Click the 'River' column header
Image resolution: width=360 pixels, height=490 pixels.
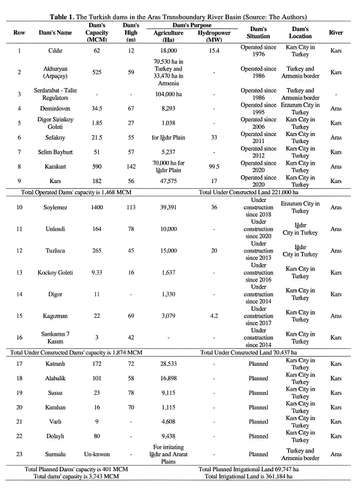coord(336,33)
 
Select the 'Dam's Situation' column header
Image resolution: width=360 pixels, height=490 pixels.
coord(258,32)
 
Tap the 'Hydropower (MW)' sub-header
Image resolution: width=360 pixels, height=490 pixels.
coord(214,36)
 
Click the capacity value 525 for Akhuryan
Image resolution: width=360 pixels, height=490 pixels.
coord(97,72)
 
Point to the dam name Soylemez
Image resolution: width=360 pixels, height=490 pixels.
coord(55,207)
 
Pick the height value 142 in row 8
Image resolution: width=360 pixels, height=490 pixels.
coord(131,166)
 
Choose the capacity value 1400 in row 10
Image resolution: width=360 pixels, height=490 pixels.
coord(97,207)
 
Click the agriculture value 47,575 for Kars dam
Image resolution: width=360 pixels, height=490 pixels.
coord(168,181)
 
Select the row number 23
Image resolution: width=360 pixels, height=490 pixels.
coord(19,454)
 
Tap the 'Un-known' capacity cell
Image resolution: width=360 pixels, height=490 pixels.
coord(97,454)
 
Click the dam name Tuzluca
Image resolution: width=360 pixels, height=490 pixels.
coord(55,251)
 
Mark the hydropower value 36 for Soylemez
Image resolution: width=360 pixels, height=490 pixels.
coord(214,207)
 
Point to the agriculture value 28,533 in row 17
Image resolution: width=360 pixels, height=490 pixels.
coord(168,364)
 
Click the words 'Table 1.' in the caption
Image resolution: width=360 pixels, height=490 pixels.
coord(62,17)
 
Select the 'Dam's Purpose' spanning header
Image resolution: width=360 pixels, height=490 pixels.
coord(192,25)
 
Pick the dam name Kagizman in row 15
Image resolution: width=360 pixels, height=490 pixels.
coord(55,316)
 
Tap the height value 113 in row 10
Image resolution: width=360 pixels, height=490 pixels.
coord(131,207)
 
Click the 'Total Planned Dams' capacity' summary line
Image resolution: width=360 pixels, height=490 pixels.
coord(76,469)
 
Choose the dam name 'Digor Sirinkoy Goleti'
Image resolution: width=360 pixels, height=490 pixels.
coord(55,123)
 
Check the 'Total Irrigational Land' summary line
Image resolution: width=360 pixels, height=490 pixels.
coord(248,476)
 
